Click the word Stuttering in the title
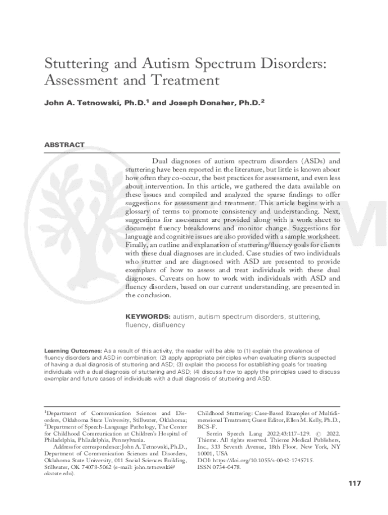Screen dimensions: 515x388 75,64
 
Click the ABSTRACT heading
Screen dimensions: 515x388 64,145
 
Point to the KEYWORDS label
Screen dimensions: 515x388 148,317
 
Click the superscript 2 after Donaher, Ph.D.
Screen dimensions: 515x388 263,102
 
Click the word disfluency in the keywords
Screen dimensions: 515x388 168,325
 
